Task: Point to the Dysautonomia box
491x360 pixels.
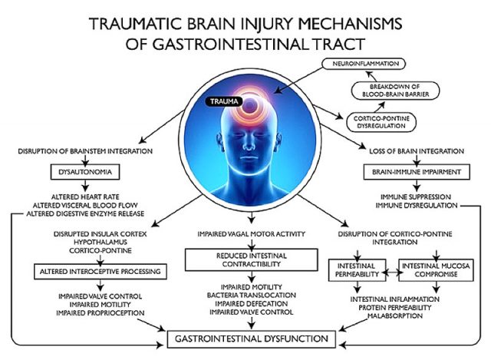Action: tap(77, 172)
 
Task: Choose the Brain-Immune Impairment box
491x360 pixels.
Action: tap(416, 173)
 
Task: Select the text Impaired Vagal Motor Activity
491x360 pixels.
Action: tap(245, 230)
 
